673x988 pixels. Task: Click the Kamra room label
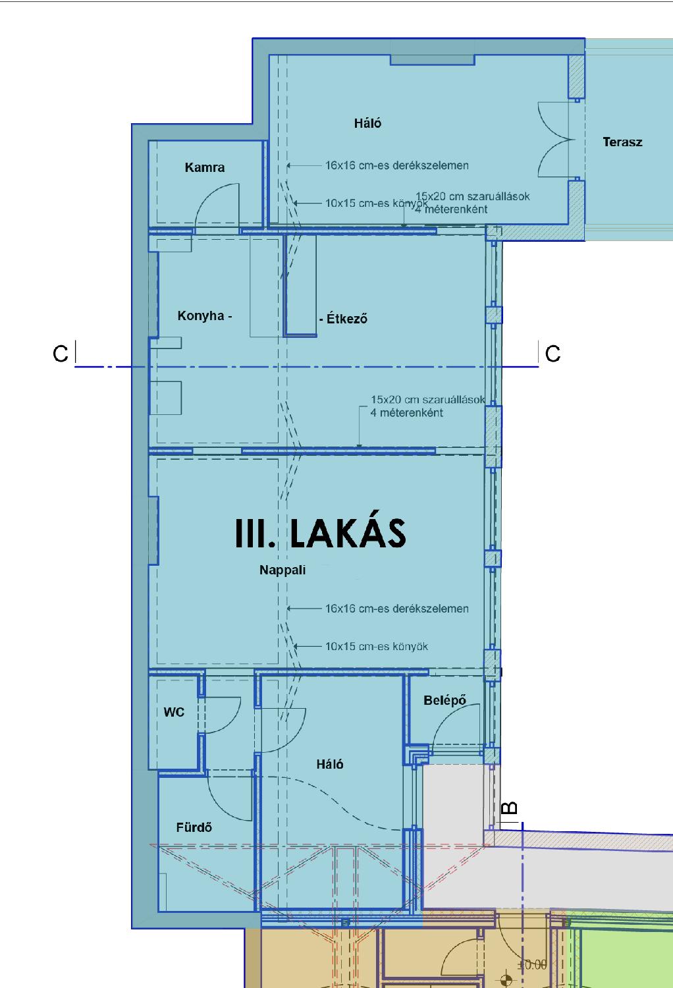pos(205,167)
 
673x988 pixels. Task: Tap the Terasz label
pos(622,142)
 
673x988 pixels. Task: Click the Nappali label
pos(283,570)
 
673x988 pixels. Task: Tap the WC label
pos(174,712)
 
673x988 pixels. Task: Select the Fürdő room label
pos(194,827)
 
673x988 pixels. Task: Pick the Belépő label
pos(444,700)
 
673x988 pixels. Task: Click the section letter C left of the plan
pos(61,354)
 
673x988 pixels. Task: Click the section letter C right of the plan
pos(552,354)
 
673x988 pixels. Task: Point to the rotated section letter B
pos(510,808)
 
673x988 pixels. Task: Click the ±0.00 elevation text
pos(532,965)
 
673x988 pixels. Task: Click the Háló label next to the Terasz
pos(367,123)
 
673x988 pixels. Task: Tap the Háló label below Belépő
pos(330,764)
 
